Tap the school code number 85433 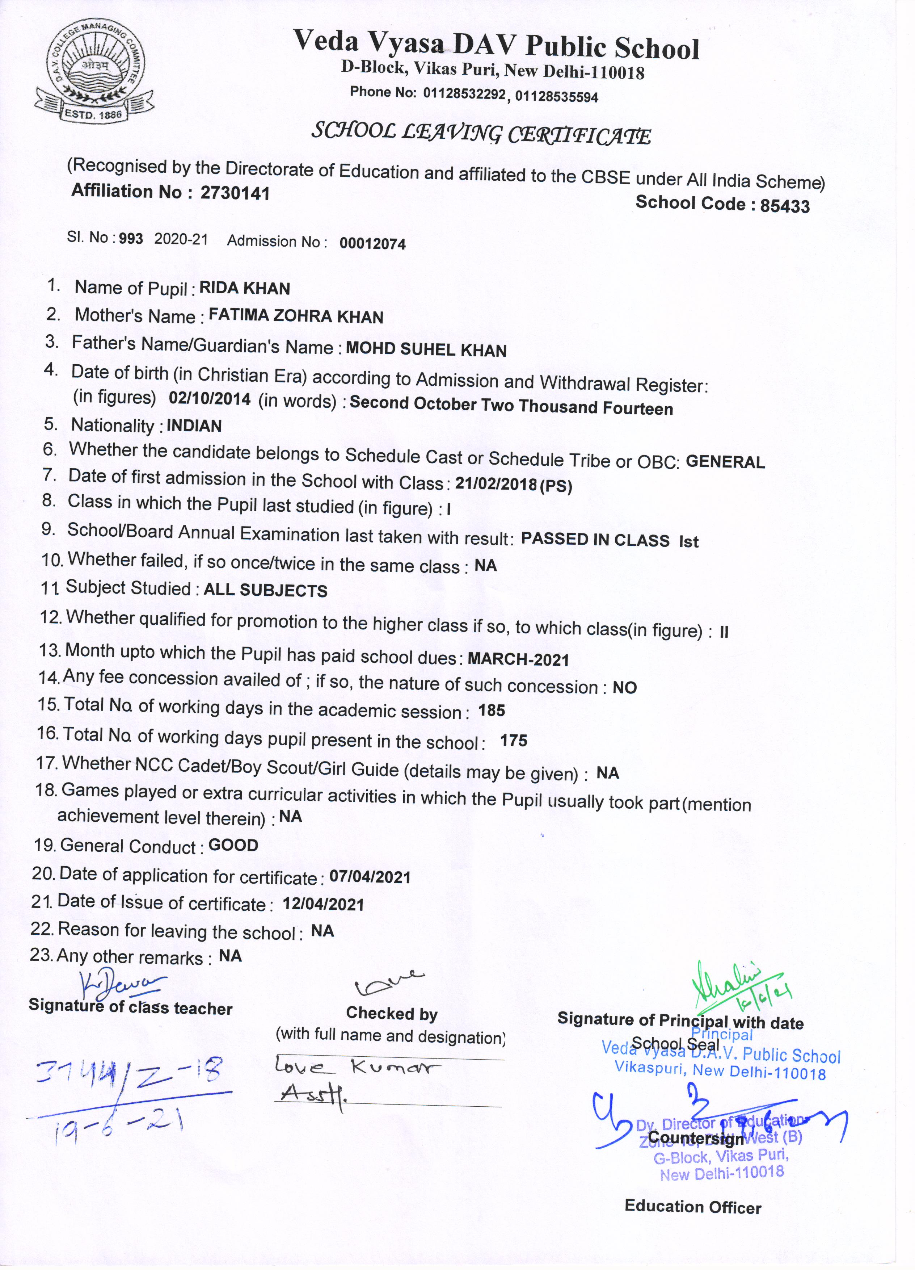tap(785, 206)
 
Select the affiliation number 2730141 tap(235, 193)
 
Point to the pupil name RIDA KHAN tap(245, 288)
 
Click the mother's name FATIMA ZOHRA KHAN tap(296, 317)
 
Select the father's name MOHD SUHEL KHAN tap(426, 349)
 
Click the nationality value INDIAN tap(194, 426)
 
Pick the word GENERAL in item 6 tap(725, 462)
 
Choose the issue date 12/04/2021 tap(324, 904)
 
